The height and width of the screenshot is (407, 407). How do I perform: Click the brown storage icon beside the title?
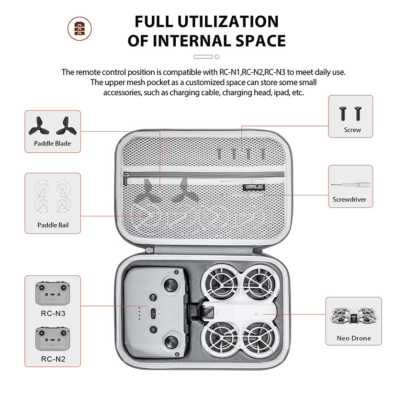click(79, 29)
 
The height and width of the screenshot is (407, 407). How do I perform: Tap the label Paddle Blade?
click(53, 144)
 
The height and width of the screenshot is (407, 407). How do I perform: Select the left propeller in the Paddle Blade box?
click(39, 126)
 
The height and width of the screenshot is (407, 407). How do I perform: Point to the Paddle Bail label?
click(53, 225)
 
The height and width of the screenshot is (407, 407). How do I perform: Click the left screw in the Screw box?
click(343, 113)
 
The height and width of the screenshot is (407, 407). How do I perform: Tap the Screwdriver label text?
click(350, 199)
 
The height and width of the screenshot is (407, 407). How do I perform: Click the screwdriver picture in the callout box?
click(350, 185)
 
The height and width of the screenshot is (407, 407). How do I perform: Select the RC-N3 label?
click(53, 314)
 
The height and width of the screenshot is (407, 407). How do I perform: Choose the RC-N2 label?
click(53, 359)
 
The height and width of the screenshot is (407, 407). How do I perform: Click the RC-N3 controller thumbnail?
click(53, 293)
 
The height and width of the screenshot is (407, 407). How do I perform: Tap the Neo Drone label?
click(354, 338)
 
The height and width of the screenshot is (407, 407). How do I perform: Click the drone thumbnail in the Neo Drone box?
click(354, 316)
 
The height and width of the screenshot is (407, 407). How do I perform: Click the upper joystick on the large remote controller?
click(170, 286)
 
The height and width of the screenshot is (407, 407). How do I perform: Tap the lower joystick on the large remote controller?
click(170, 342)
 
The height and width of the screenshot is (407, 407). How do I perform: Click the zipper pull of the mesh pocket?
click(126, 180)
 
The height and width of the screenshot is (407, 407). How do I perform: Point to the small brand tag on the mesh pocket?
click(255, 187)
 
